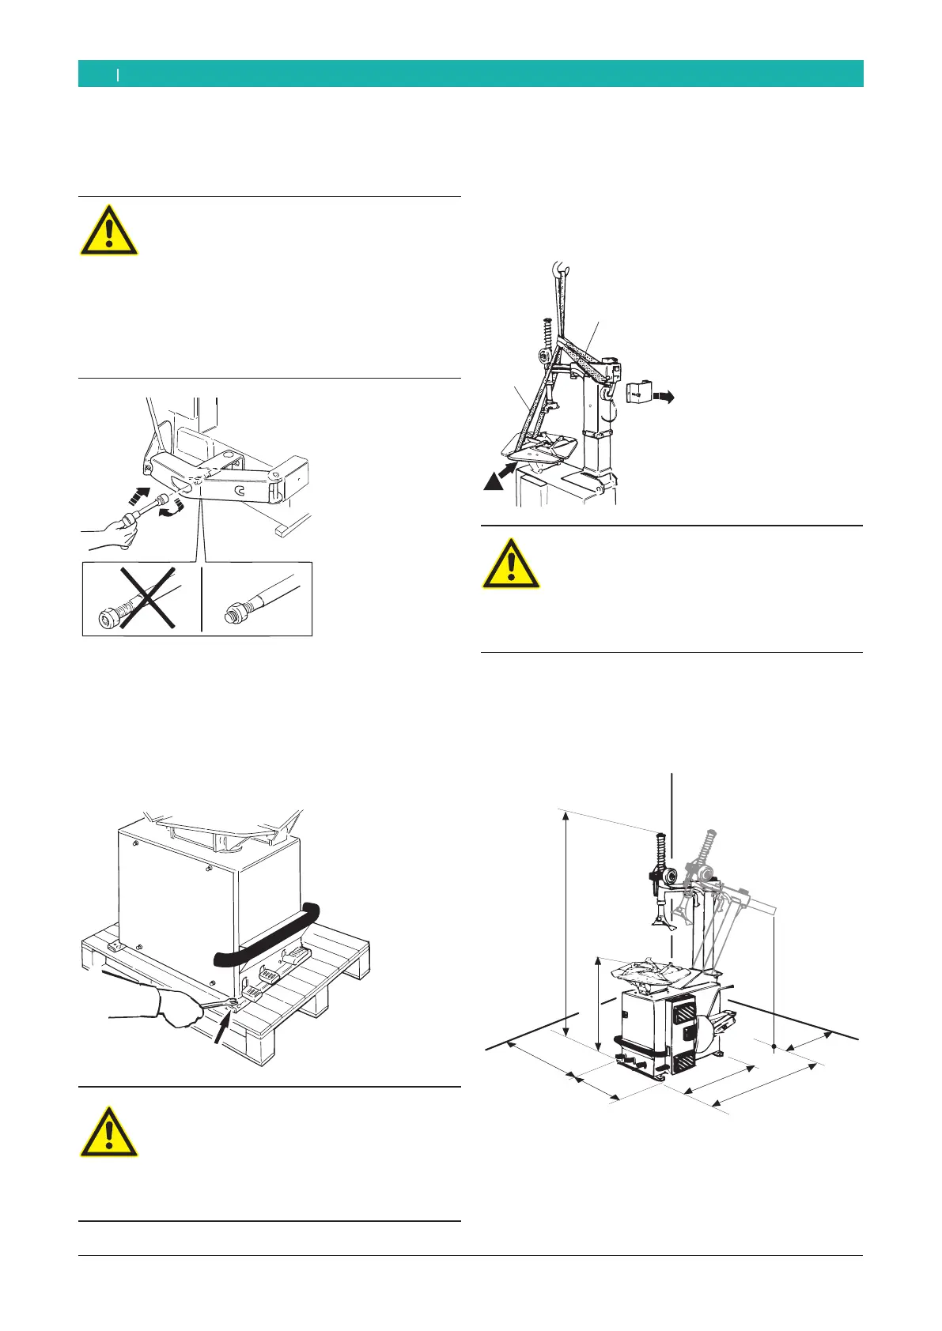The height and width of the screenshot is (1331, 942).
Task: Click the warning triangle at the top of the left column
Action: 109,231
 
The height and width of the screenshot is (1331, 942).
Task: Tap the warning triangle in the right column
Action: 512,564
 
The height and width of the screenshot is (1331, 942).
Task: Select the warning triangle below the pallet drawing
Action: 109,1133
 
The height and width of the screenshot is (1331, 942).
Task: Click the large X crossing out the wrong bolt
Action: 142,598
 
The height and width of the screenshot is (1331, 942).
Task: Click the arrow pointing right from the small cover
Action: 664,399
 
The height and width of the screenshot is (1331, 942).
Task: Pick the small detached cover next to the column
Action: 638,393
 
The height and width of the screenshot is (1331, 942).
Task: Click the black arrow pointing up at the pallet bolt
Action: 222,1031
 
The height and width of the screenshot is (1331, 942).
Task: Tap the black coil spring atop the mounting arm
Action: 660,850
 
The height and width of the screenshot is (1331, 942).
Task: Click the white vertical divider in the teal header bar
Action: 118,74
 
